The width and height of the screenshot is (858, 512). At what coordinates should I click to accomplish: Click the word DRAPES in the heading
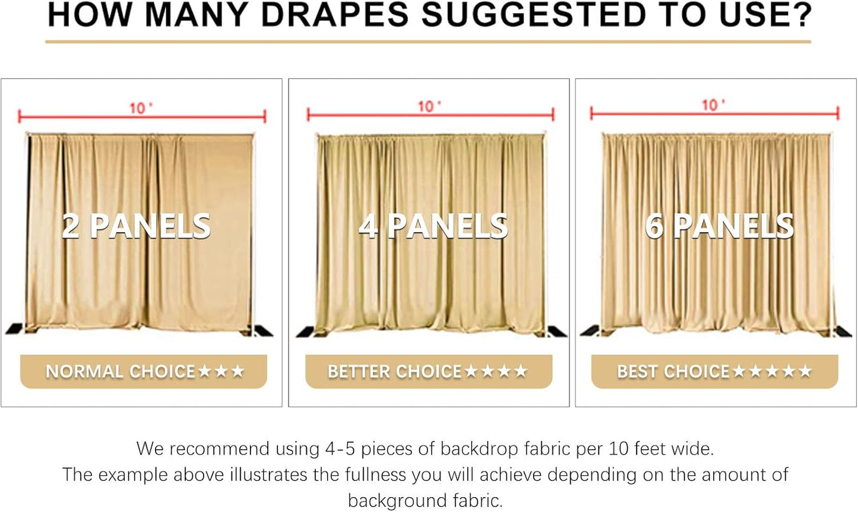[x=335, y=15]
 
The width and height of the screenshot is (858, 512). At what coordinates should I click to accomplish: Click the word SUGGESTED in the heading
[x=533, y=15]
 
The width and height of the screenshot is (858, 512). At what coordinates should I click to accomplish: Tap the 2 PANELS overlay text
[x=136, y=226]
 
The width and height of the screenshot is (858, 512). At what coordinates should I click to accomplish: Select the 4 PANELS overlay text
[x=433, y=226]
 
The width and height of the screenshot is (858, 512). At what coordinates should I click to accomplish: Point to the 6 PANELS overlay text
[x=719, y=226]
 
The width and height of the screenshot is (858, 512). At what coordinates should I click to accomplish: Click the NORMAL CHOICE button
[x=143, y=372]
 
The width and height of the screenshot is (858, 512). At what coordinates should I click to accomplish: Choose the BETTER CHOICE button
[x=428, y=372]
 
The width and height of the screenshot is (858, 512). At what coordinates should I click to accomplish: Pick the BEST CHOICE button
[x=714, y=372]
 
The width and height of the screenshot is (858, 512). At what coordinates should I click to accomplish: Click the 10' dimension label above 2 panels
[x=141, y=108]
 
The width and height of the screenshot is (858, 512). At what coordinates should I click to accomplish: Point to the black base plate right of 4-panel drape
[x=557, y=331]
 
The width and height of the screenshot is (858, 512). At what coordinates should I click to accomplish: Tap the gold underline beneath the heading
[x=428, y=42]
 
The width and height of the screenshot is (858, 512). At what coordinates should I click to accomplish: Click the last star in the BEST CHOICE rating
[x=805, y=371]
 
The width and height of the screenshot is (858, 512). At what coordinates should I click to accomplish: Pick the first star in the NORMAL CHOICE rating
[x=205, y=371]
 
